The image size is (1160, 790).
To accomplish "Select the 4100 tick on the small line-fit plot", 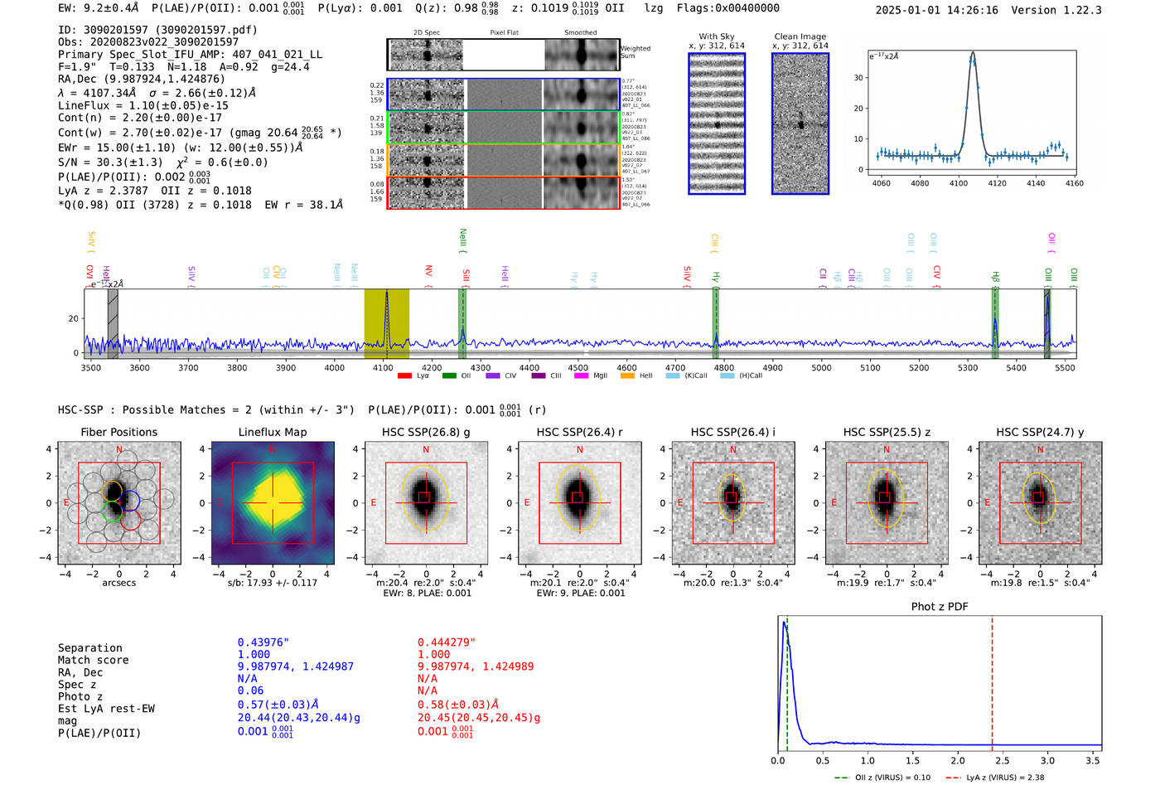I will [959, 183].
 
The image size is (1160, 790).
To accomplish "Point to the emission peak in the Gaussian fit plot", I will [973, 54].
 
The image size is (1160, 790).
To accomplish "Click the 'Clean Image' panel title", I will [800, 36].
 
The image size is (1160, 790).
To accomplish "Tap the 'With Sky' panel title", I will [716, 36].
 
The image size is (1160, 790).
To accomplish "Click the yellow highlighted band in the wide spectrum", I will [386, 323].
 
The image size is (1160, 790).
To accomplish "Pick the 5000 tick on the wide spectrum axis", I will [821, 367].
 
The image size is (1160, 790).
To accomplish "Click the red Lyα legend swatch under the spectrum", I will [404, 376].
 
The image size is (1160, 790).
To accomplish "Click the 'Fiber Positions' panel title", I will [118, 432].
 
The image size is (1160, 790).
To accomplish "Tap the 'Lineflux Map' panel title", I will [272, 432].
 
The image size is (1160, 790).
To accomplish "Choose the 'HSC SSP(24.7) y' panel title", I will [1040, 432].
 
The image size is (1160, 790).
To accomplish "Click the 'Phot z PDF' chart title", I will [940, 607].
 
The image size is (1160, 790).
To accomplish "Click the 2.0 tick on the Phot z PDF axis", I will [957, 760].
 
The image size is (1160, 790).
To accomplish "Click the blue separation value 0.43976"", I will [263, 642].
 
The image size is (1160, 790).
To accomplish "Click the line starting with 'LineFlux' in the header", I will [143, 106].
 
